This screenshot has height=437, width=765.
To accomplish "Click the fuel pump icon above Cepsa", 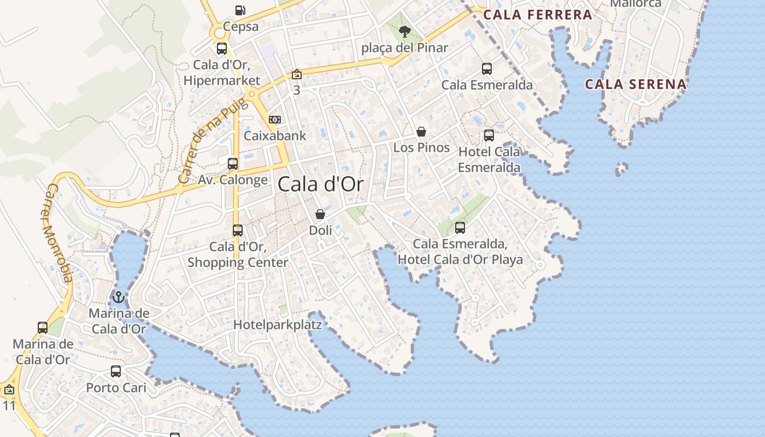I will click(x=240, y=10).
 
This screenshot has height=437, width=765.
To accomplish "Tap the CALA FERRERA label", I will click(x=538, y=15).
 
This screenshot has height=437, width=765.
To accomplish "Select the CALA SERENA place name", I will click(x=635, y=84).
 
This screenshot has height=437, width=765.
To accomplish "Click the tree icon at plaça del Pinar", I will click(x=404, y=31).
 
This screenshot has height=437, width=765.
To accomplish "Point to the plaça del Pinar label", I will click(x=404, y=48).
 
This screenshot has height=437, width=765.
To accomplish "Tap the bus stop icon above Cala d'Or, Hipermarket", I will click(x=222, y=49).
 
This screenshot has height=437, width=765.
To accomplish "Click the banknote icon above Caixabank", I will click(x=275, y=120).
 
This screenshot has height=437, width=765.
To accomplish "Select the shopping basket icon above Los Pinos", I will click(x=421, y=132).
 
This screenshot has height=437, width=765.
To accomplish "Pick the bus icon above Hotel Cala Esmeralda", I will click(x=489, y=135).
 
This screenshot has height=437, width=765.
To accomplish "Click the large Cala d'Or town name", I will click(x=320, y=184).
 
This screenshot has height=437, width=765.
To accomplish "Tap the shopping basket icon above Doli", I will click(x=320, y=214).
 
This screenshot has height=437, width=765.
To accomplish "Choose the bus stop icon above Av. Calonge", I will click(x=233, y=163).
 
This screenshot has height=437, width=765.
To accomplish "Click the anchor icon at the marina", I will click(x=119, y=297).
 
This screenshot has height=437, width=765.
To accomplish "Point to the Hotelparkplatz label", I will click(x=278, y=324).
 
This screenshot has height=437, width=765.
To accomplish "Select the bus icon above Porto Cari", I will click(x=116, y=371).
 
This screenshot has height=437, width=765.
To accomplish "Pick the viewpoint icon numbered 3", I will click(x=297, y=74).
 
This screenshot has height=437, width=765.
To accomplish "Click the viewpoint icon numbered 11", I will click(x=9, y=390).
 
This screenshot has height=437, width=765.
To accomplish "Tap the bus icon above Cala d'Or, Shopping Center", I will click(x=238, y=231).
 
